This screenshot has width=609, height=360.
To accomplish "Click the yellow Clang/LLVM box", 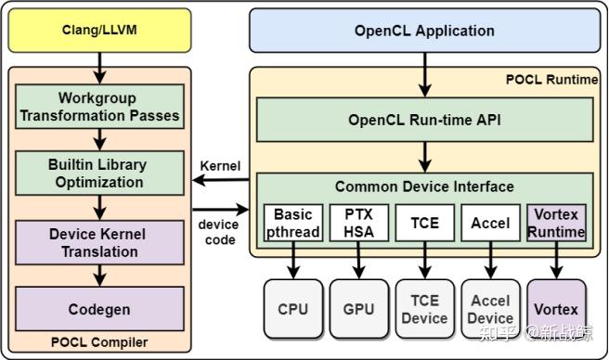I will [x=99, y=31].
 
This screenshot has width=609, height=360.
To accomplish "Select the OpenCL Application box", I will [x=424, y=31].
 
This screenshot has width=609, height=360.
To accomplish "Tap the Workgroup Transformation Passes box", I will [x=99, y=107].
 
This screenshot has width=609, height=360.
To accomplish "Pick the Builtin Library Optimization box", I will [x=99, y=174].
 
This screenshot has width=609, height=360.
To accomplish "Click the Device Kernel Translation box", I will [x=99, y=242].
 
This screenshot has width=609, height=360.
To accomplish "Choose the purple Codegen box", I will [x=99, y=309].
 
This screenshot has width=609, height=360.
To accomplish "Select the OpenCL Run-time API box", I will [x=424, y=120].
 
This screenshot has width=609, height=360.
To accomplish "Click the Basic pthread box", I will [x=293, y=224].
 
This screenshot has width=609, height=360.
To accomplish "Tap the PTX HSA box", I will [x=358, y=224].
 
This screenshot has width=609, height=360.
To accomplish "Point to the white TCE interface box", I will [x=424, y=223].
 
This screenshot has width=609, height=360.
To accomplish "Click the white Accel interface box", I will [x=490, y=223].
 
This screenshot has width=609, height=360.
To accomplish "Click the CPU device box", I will [x=293, y=309].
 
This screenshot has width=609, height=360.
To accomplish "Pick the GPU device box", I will [x=358, y=309].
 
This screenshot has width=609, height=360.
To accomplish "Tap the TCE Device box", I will [x=424, y=309].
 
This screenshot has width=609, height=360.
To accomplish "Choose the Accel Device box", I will [x=490, y=309].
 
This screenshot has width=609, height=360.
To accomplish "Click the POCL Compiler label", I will [x=99, y=342].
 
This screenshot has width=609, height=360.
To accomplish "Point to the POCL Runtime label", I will [x=551, y=80].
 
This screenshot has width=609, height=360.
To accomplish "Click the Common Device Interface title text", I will [x=424, y=186].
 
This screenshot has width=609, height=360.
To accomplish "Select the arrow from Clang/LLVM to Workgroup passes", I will [x=99, y=67].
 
